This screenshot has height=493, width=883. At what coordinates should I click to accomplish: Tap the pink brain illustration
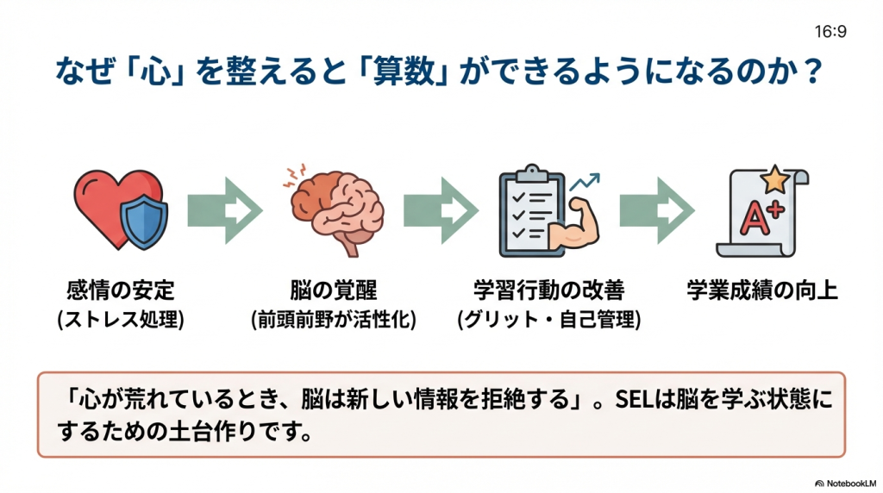(x=331, y=207)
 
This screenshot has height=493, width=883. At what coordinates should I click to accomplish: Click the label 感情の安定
(x=120, y=290)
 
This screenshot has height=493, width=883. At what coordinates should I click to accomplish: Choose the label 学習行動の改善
(x=548, y=290)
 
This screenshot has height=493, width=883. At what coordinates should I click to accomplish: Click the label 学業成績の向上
(x=762, y=290)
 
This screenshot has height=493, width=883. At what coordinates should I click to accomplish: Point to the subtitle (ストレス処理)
(x=120, y=320)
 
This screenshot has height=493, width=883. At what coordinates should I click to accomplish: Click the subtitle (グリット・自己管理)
(x=548, y=320)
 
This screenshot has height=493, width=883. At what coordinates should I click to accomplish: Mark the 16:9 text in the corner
(x=830, y=32)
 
